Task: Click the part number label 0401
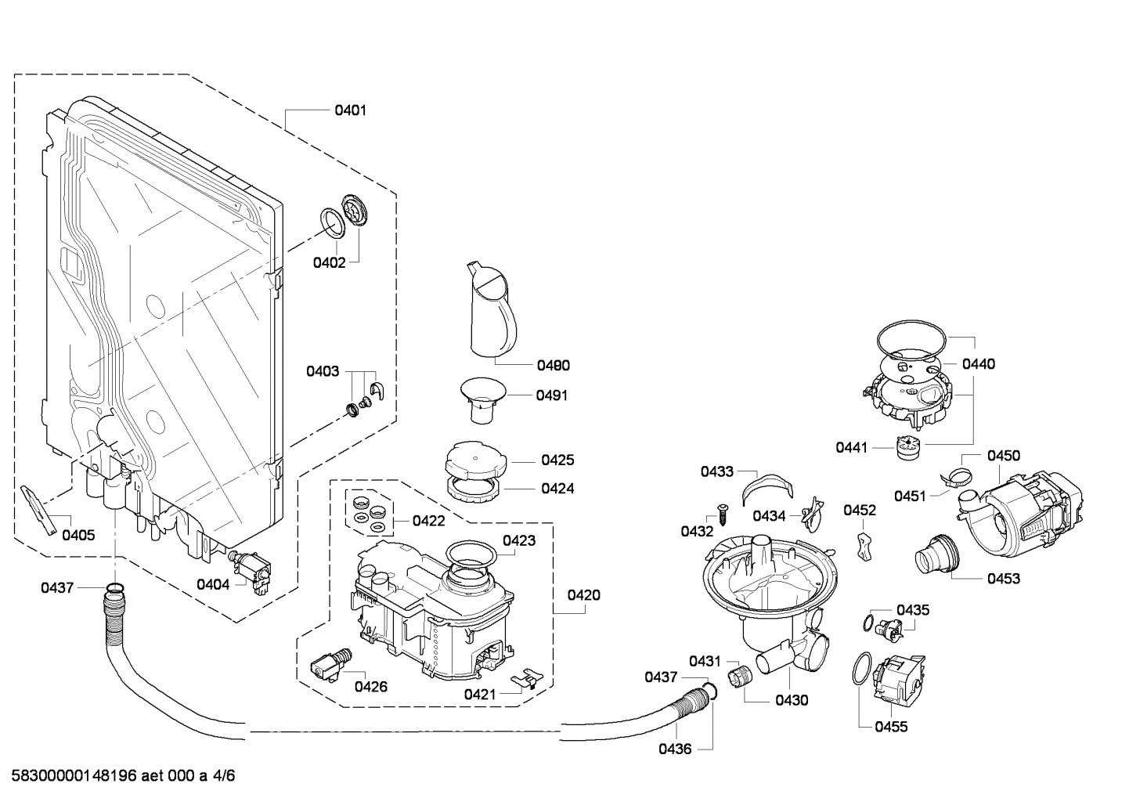pos(350,110)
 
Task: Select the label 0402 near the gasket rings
pos(329,262)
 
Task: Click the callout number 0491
pos(552,395)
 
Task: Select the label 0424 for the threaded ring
pos(557,489)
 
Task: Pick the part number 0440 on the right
pos(978,363)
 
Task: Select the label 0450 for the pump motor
pos(1003,456)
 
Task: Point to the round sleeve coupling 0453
pos(936,556)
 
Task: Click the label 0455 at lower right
pos(891,727)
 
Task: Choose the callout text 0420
pos(584,595)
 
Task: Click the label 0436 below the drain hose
pos(674,749)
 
